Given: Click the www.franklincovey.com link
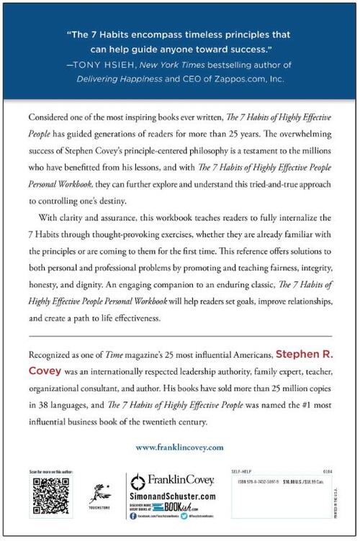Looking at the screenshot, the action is pyautogui.click(x=179, y=447).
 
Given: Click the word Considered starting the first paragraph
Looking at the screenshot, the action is pyautogui.click(x=53, y=117).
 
